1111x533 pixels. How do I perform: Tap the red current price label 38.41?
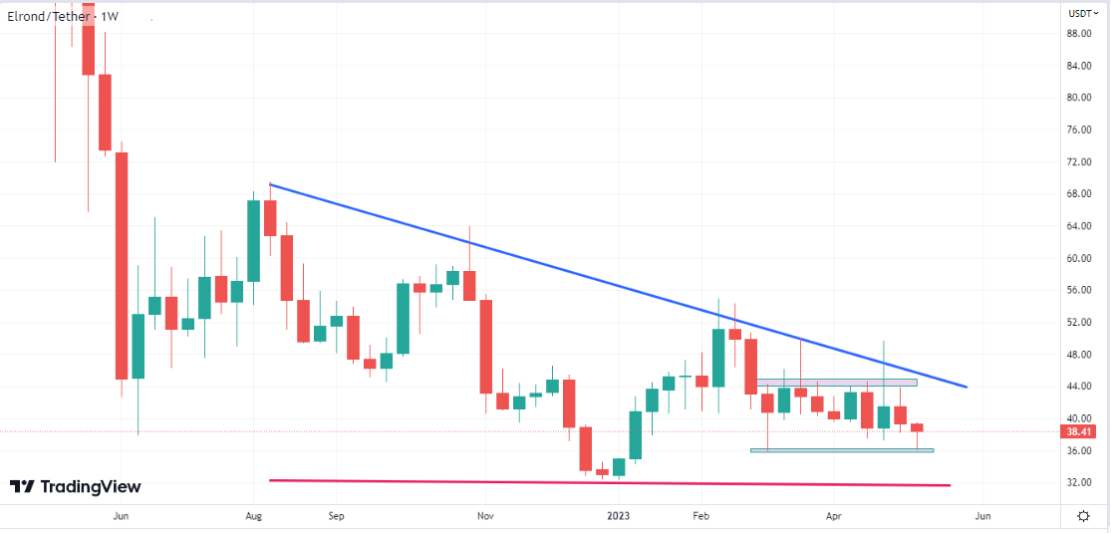pos(1080,432)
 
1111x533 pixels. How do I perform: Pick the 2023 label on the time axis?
pos(618,516)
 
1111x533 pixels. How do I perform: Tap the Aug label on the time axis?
pos(253,516)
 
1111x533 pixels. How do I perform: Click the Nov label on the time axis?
pos(485,516)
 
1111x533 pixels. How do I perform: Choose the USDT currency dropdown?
pos(1083,14)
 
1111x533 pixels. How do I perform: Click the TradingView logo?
pos(76,487)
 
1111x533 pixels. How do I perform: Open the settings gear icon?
pos(1083,515)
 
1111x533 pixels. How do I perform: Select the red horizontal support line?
pos(598,483)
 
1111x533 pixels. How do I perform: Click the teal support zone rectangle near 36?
pos(842,450)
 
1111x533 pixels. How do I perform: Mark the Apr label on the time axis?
pos(833,516)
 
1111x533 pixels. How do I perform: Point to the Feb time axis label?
pos(701,516)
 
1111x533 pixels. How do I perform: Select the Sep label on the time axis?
pos(336,516)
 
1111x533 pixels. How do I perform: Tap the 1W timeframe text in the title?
pos(110,16)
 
